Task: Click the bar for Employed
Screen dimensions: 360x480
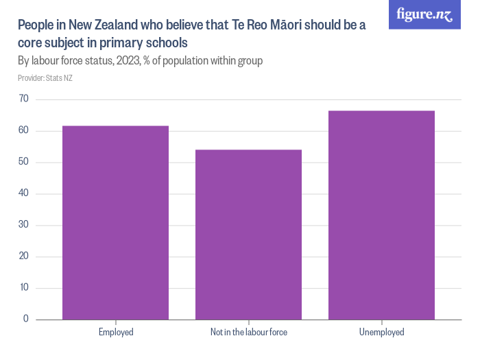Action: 115,223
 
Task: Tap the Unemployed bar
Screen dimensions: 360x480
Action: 381,215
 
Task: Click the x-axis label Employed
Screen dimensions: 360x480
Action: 115,333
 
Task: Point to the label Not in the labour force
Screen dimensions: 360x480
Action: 248,333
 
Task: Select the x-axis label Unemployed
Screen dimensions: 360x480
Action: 381,333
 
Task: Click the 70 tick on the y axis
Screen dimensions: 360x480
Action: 23,99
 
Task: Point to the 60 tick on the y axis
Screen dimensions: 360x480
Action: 23,131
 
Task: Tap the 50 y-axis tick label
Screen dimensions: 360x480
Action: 23,163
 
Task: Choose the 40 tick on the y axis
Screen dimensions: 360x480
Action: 23,194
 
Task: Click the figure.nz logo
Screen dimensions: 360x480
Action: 424,14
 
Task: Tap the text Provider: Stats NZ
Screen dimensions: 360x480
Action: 45,78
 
